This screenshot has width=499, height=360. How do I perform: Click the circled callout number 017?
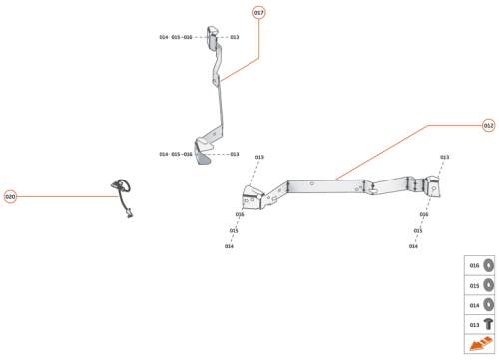tap(259, 13)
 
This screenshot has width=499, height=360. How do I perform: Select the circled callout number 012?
tap(488, 126)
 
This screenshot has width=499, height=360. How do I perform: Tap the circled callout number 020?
tap(10, 196)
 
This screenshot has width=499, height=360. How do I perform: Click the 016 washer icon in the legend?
tap(488, 266)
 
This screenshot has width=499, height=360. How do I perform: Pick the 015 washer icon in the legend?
tap(488, 285)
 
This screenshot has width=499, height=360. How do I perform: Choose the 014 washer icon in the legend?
tap(488, 305)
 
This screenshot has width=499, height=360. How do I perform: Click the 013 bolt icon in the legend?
tap(488, 324)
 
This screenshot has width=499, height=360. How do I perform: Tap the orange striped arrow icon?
tap(480, 345)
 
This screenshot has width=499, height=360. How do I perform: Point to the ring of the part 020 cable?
tap(121, 183)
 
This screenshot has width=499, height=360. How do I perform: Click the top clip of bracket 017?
tap(214, 37)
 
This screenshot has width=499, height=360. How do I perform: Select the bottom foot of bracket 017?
tap(205, 151)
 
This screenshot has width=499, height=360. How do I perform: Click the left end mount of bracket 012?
tap(254, 196)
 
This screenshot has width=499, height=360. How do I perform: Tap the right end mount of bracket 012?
tap(430, 186)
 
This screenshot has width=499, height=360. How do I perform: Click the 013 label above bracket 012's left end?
tap(259, 157)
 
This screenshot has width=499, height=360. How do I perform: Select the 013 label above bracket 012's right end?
tap(444, 157)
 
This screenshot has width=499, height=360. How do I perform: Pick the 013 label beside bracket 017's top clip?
tap(235, 37)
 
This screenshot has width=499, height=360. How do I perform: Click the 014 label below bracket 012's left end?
tap(229, 246)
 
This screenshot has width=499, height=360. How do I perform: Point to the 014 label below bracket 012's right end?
tap(413, 246)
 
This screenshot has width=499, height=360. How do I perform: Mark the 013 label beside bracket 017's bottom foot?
tap(235, 154)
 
